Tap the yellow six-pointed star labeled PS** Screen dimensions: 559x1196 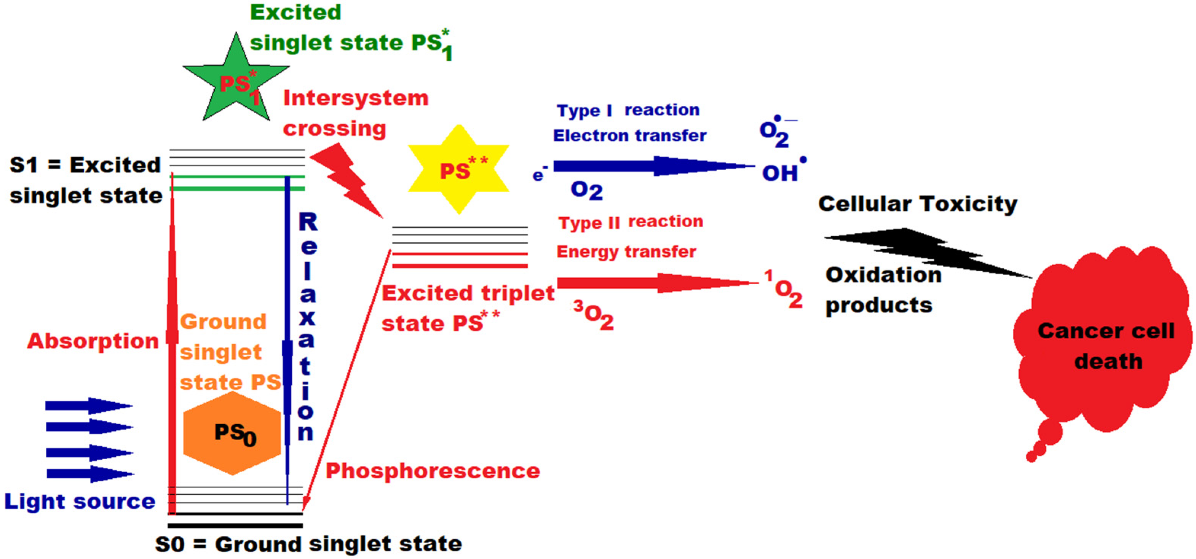coord(459,170)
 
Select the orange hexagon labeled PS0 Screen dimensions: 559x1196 coord(232,433)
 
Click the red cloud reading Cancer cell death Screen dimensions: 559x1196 coord(1105,343)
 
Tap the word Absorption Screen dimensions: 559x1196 coord(93,341)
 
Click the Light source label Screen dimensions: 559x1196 coord(80,502)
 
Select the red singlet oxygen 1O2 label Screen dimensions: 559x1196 coord(785,290)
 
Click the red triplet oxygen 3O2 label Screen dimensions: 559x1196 coord(594,315)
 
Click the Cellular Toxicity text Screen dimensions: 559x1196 coord(917,204)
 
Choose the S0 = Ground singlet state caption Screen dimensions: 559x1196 coord(308,544)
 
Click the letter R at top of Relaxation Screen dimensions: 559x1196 coord(308,222)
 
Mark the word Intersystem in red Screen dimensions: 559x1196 coord(356,98)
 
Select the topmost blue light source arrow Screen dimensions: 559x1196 coord(88,406)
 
